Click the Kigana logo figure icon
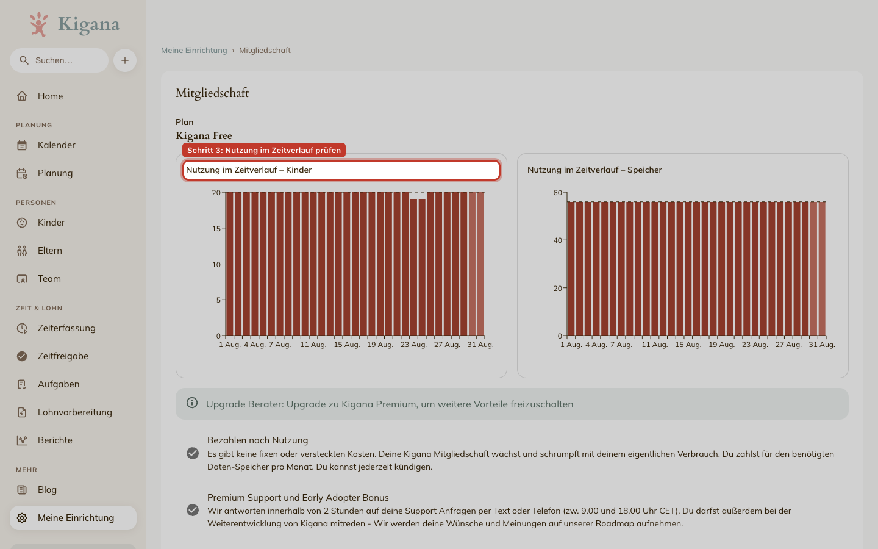[39, 24]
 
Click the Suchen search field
[59, 60]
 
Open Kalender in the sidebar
[57, 145]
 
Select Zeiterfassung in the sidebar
[66, 328]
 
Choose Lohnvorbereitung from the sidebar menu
[75, 412]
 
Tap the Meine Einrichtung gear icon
[22, 518]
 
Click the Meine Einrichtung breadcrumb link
[194, 50]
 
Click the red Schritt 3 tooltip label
[264, 150]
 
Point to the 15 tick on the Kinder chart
[216, 228]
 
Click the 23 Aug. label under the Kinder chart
[413, 345]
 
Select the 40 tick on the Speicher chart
[558, 240]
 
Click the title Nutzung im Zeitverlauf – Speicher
[594, 170]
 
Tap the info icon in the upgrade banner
[192, 403]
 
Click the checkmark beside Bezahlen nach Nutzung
[193, 453]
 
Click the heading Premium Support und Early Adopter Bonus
[298, 498]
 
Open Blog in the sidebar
[47, 490]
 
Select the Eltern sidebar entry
[50, 251]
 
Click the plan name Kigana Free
[204, 135]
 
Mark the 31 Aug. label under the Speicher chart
[822, 345]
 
